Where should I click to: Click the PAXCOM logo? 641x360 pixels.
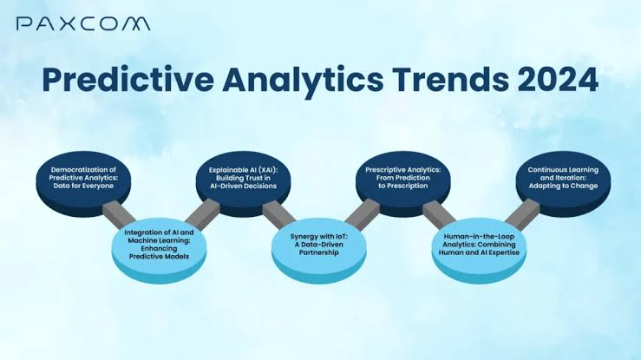(83, 23)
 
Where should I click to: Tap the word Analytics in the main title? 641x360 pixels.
(303, 80)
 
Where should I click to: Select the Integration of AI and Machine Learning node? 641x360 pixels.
(159, 250)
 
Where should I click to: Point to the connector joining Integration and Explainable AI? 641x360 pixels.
(203, 213)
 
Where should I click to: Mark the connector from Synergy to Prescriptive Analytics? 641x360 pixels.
(363, 213)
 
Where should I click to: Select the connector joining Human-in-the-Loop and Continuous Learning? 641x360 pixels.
(523, 213)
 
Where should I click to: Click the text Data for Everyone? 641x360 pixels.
(83, 186)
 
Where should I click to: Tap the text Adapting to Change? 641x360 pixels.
(563, 186)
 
